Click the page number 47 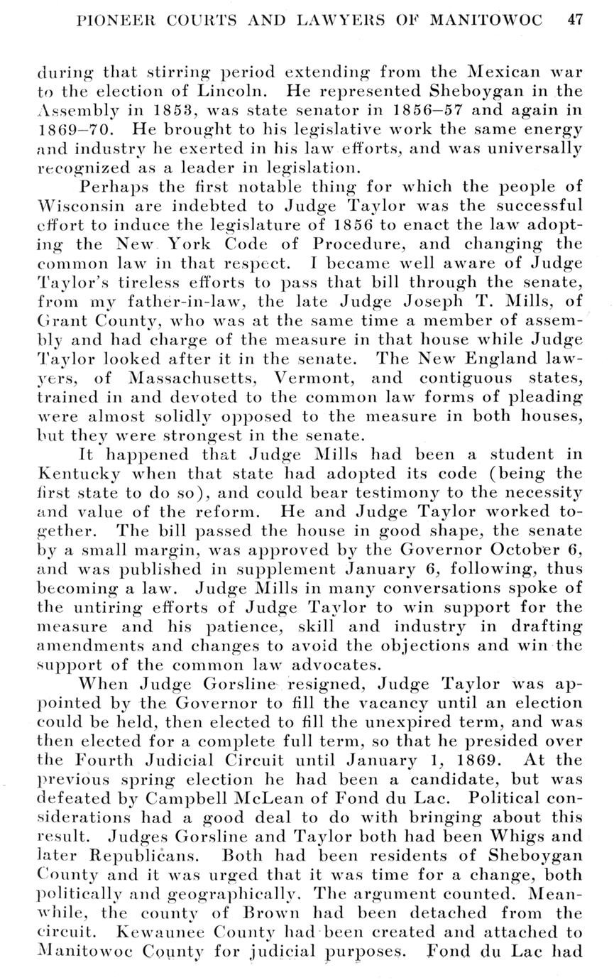coord(575,20)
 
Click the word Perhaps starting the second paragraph coord(113,187)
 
